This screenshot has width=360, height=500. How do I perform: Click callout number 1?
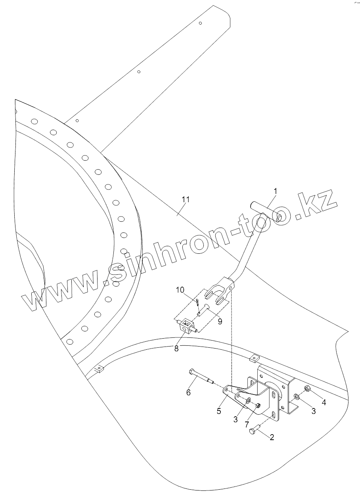275,192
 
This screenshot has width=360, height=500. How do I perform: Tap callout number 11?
185,199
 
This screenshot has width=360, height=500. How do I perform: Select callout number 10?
180,291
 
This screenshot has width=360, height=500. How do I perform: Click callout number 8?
176,349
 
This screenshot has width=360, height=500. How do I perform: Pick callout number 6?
188,393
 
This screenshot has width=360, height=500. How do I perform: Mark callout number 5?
218,411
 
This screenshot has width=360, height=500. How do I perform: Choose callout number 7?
247,424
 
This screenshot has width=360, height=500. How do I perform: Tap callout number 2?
272,438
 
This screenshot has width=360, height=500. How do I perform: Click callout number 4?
324,402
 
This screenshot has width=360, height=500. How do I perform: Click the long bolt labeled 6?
201,377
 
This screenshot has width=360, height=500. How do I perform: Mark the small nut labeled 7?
258,406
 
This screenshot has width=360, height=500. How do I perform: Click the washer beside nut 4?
297,397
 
